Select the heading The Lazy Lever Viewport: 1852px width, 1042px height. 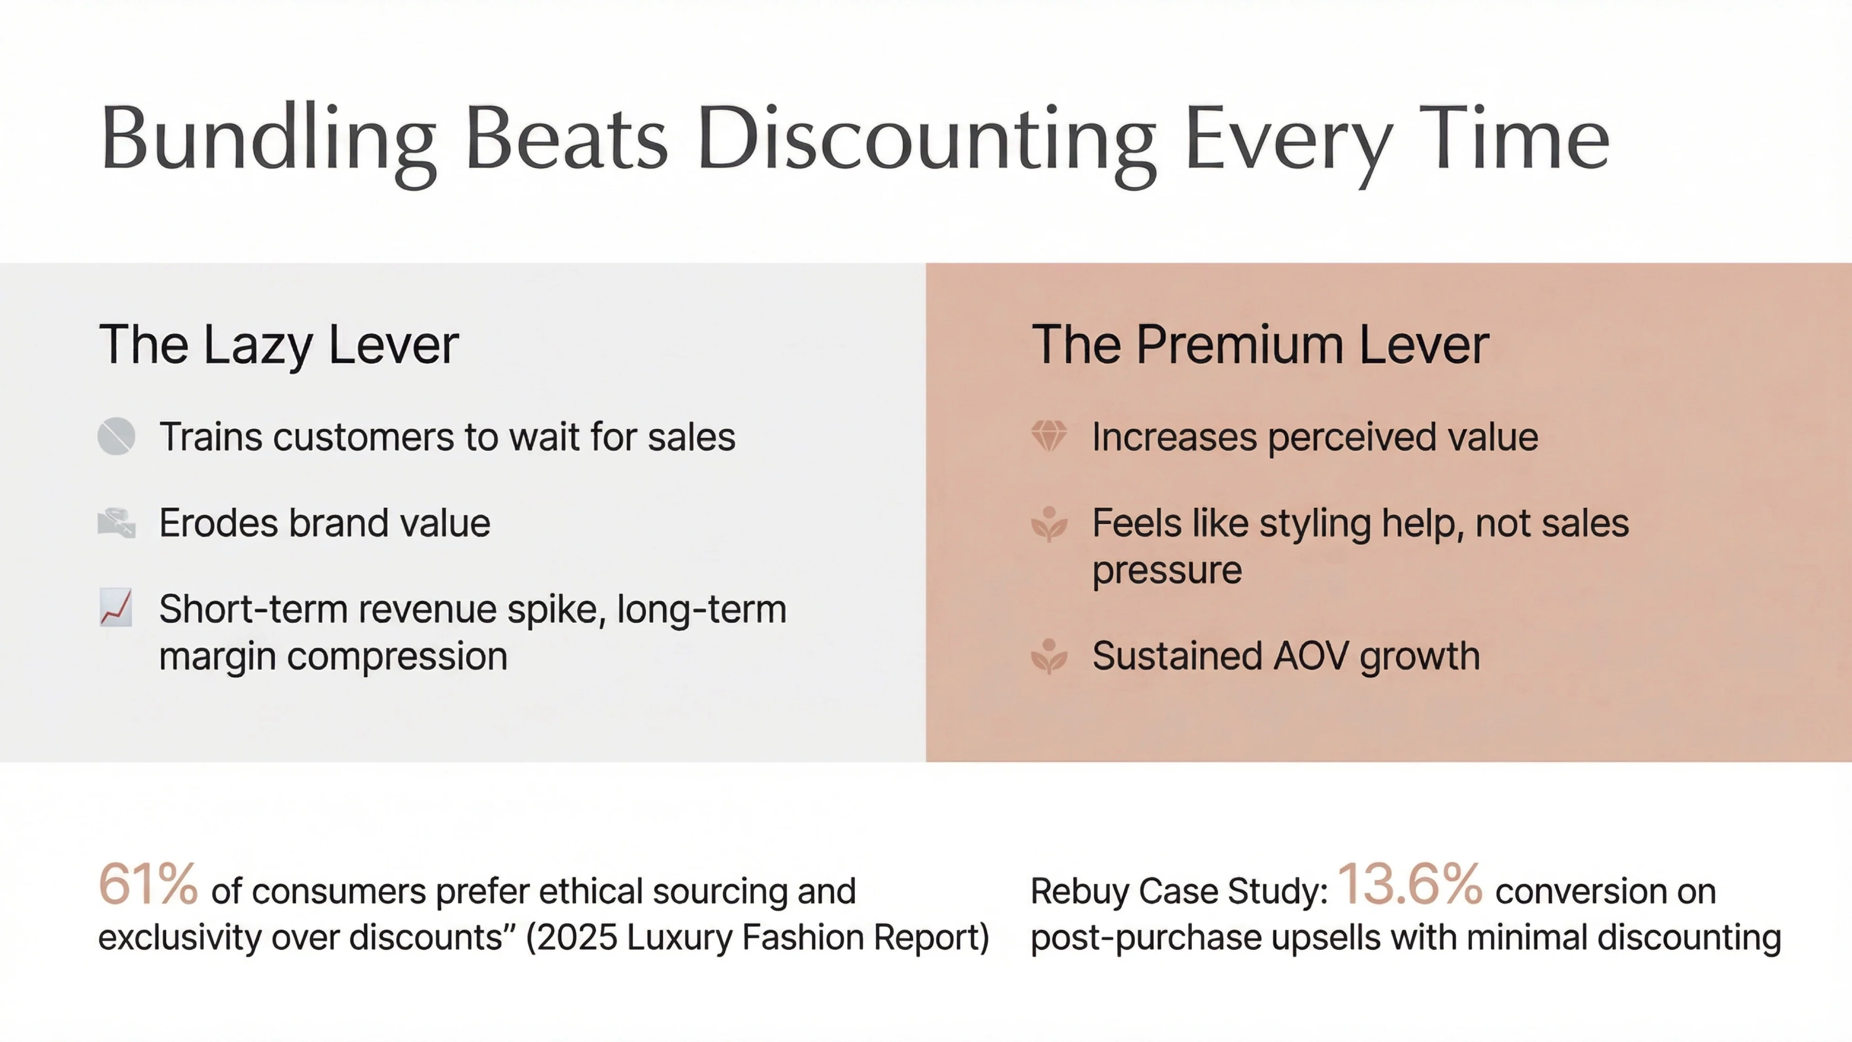click(x=278, y=345)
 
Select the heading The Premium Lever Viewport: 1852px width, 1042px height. click(x=1259, y=345)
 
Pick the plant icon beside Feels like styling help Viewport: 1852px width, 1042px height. click(x=1049, y=523)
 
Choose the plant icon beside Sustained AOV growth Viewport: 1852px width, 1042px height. click(x=1049, y=656)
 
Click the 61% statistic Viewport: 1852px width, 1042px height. click(x=147, y=885)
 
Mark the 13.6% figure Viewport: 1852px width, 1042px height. click(x=1409, y=885)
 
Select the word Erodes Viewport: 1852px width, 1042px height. click(x=218, y=523)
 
